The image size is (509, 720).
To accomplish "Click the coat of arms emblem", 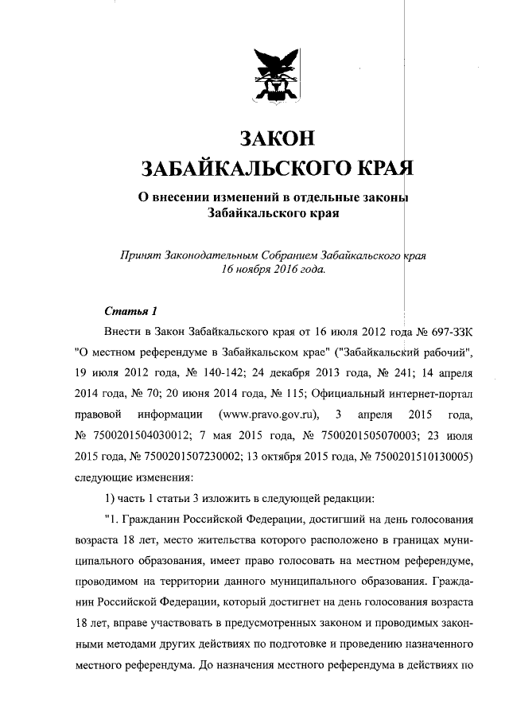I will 274,79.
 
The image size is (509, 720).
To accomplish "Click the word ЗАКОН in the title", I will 274,138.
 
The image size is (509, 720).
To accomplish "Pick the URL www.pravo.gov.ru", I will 266,414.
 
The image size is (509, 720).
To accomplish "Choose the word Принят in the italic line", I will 138,256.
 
